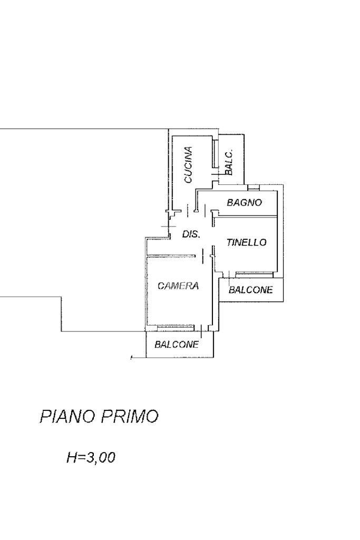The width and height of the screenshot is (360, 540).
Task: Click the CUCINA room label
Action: (188, 165)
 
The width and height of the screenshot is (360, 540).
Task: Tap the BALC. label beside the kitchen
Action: (229, 162)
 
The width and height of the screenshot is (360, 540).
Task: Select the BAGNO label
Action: (244, 202)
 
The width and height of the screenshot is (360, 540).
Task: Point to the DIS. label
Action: (191, 234)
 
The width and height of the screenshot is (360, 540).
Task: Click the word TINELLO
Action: (247, 242)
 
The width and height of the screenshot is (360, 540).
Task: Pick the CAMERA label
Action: (178, 286)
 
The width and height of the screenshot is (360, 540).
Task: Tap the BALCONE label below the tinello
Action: (251, 290)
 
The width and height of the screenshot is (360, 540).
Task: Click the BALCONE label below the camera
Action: (177, 345)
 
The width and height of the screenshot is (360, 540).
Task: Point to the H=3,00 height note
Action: (91, 458)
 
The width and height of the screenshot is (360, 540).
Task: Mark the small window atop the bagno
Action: (254, 187)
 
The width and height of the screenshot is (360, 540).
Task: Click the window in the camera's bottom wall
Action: (174, 328)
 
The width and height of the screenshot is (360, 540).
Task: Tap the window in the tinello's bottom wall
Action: (254, 273)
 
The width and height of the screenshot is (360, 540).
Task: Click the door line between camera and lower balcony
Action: (202, 331)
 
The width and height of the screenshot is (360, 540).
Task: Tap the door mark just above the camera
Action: (202, 257)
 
